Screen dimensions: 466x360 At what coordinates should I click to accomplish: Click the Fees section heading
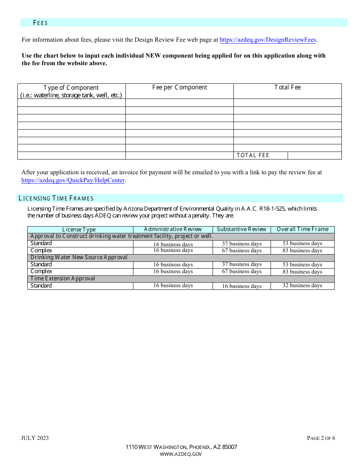point(40,23)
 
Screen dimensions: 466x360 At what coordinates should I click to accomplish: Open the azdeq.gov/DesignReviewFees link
point(268,40)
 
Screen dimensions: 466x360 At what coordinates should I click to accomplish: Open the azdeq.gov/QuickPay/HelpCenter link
point(73,180)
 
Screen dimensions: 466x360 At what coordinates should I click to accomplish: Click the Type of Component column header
point(71,91)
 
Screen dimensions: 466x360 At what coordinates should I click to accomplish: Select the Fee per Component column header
point(180,88)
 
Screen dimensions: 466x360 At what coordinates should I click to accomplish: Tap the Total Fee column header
point(287,88)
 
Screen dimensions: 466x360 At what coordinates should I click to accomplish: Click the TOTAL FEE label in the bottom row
point(253,155)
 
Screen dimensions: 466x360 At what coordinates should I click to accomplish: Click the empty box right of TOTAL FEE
point(315,155)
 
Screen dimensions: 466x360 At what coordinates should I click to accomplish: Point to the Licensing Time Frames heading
point(56,198)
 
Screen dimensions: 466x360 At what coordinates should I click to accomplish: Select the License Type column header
point(79,230)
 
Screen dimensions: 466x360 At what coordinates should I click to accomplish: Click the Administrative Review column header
point(173,229)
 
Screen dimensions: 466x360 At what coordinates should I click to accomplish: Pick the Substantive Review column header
point(242,229)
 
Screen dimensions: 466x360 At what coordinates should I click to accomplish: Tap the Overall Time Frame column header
point(302,229)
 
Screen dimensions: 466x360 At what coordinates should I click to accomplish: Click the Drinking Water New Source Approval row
point(79,257)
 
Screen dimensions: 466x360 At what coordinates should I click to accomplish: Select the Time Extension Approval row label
point(63,278)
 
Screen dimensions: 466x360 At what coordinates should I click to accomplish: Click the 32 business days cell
point(302,286)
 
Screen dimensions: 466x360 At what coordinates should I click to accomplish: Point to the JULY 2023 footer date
point(35,438)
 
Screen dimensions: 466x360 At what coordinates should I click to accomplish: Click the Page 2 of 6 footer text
point(321,438)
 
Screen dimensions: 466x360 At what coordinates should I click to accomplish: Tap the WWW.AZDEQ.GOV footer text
point(181,454)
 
